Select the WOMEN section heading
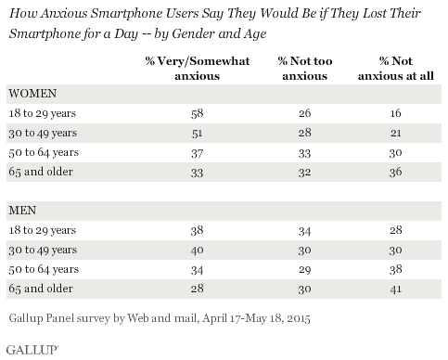[32, 94]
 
